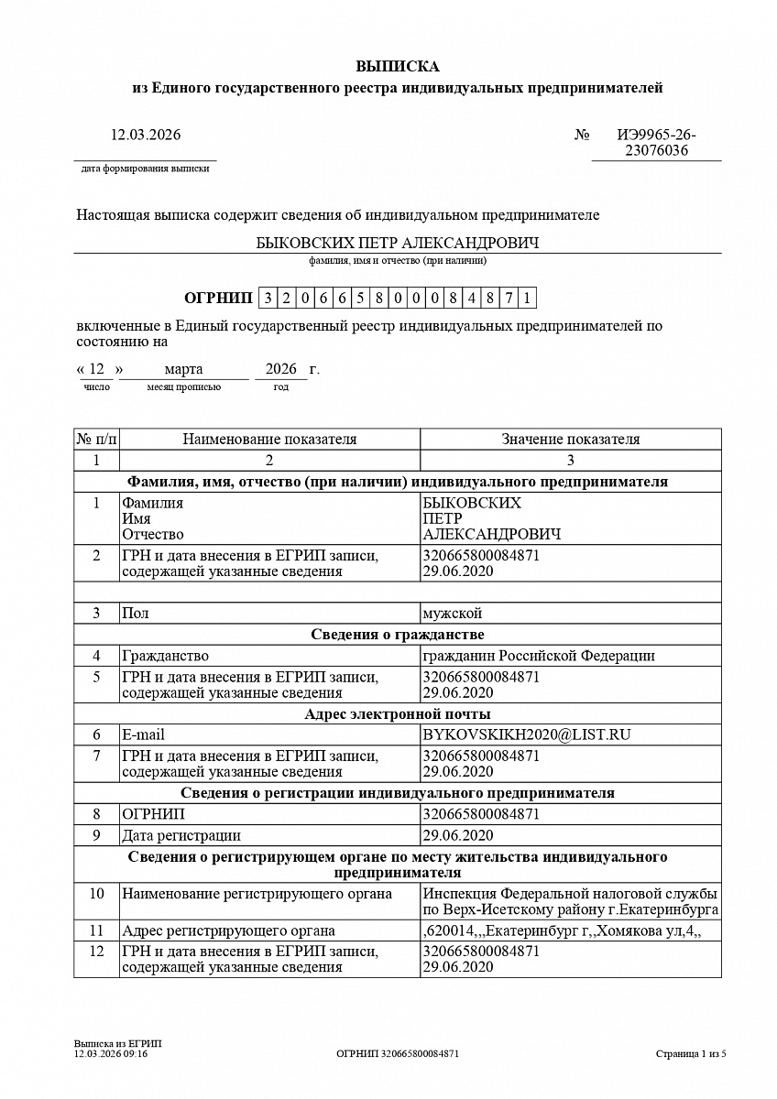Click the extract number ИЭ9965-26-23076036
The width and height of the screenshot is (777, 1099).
[x=656, y=143]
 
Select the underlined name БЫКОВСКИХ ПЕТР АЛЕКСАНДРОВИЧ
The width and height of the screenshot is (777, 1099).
[x=397, y=243]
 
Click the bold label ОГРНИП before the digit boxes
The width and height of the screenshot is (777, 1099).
[x=218, y=298]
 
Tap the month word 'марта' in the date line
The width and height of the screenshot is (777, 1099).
[x=183, y=369]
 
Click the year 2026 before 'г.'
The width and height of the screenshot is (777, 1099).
[x=280, y=369]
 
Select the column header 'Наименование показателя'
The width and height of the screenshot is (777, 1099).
[x=269, y=440]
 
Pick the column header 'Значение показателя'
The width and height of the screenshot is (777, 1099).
[x=570, y=440]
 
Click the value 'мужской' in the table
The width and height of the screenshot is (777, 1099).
[x=452, y=613]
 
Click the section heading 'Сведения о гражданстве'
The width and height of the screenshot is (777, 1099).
[x=397, y=635]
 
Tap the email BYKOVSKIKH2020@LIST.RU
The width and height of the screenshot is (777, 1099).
[x=527, y=734]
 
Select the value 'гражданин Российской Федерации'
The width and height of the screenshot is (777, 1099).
[x=539, y=656]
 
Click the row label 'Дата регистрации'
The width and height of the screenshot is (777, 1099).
[x=181, y=835]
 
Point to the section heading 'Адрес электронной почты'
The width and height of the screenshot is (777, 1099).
[x=397, y=713]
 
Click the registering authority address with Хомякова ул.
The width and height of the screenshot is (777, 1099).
[x=561, y=931]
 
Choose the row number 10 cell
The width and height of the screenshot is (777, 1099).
[x=96, y=893]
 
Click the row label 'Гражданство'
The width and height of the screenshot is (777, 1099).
[x=165, y=656]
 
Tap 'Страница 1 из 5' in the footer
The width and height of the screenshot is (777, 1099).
[x=691, y=1054]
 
